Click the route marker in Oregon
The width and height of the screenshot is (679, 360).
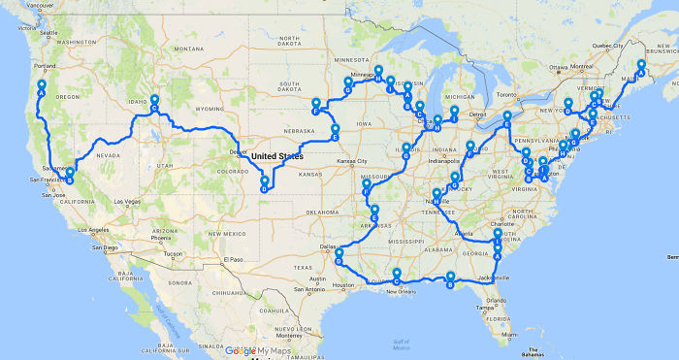(x=42, y=87)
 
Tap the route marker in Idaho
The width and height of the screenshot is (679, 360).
(x=154, y=103)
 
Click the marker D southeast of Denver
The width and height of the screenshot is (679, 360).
(x=263, y=184)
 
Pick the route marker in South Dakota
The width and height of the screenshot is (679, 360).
(x=315, y=106)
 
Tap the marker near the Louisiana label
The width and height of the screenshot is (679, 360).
(x=397, y=276)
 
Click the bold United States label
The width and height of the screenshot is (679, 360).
(x=276, y=156)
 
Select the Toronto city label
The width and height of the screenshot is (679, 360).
(x=508, y=96)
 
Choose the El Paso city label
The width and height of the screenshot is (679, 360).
(x=231, y=259)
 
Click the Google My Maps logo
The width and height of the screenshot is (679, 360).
(x=256, y=351)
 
